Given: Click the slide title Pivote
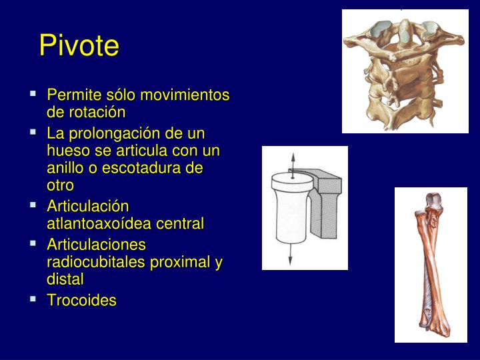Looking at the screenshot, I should tap(79, 45).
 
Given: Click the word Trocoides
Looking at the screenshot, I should tap(81, 301).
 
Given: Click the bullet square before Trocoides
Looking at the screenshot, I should tap(33, 299).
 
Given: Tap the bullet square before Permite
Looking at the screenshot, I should tap(33, 93).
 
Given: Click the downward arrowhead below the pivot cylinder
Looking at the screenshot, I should tap(291, 262).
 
